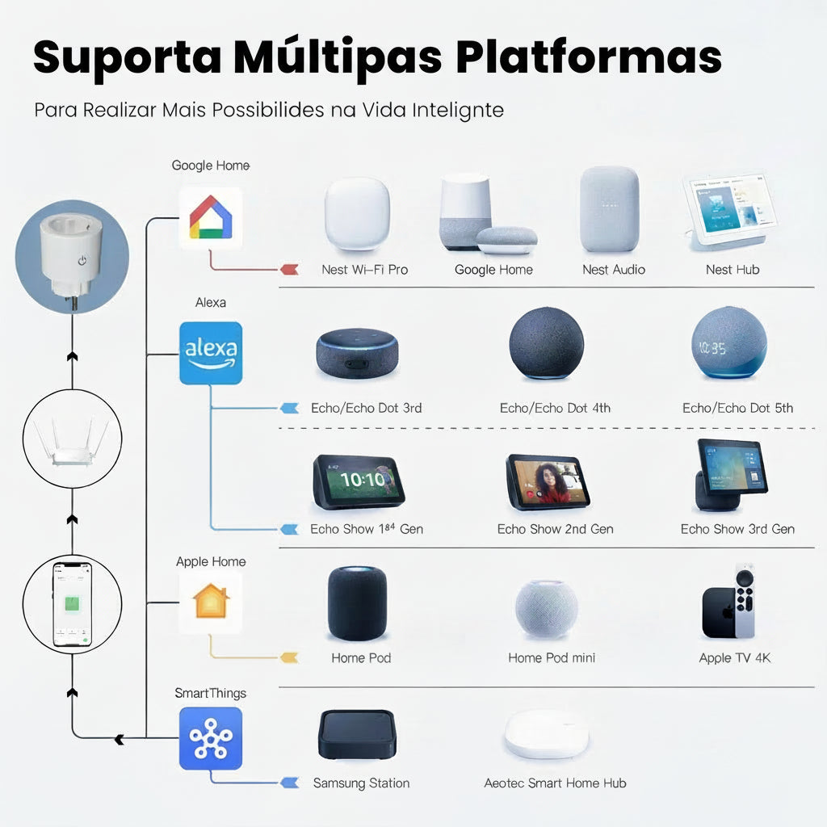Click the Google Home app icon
[210, 217]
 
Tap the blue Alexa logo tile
[210, 352]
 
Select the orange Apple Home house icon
[210, 602]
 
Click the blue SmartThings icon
[210, 737]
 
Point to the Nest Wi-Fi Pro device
[357, 214]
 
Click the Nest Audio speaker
[609, 210]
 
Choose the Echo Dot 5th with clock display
[728, 344]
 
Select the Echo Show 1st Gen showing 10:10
[359, 481]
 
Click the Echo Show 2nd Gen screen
[548, 481]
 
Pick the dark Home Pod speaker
[357, 604]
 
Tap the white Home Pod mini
[547, 610]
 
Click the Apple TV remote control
[746, 602]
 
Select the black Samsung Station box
[356, 734]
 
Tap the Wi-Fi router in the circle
[72, 441]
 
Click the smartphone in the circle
[72, 604]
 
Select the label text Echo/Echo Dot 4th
[555, 408]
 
